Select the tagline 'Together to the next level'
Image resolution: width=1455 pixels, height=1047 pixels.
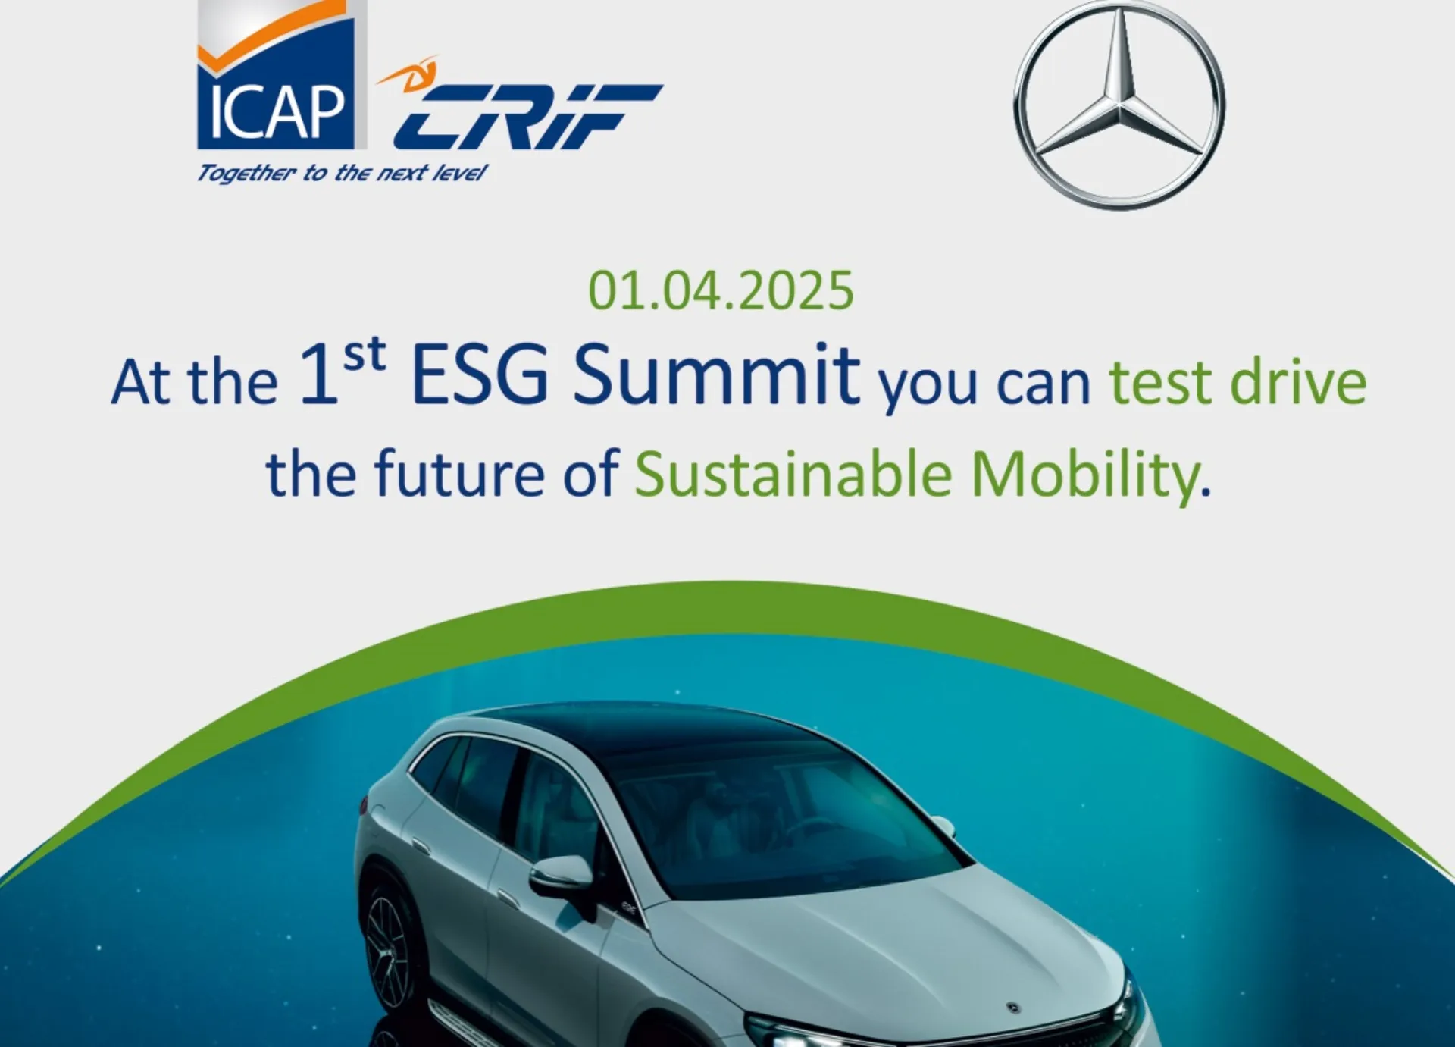(x=341, y=174)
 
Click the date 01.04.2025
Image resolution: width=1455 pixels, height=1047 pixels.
(x=721, y=291)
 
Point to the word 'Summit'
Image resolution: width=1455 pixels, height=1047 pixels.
(x=716, y=376)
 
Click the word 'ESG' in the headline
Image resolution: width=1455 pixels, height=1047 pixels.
(x=480, y=376)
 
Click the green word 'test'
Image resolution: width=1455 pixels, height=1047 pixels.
(x=1160, y=383)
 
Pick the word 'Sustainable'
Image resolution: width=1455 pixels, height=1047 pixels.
(x=793, y=474)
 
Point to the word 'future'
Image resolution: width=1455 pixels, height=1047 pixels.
(x=459, y=474)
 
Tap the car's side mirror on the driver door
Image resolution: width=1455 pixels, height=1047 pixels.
(x=561, y=875)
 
